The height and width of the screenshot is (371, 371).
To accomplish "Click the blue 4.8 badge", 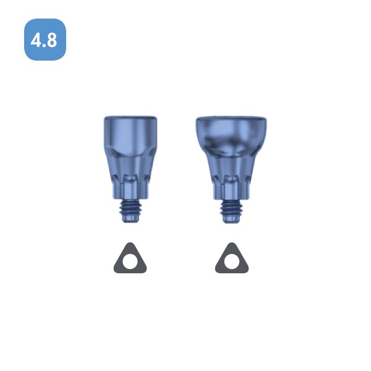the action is tap(45, 40).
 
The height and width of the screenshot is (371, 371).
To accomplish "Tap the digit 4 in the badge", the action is tap(36, 40).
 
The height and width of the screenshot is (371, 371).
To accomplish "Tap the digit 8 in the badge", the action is tap(51, 40).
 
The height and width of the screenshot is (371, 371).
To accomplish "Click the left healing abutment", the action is tap(130, 169).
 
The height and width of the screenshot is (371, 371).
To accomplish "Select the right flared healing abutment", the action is tap(231, 170).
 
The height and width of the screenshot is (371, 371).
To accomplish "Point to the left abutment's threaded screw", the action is tap(130, 211).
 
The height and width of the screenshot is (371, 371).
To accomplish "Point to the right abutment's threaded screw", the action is tap(231, 211).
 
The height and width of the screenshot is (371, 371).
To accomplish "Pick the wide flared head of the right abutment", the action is tap(231, 135).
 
